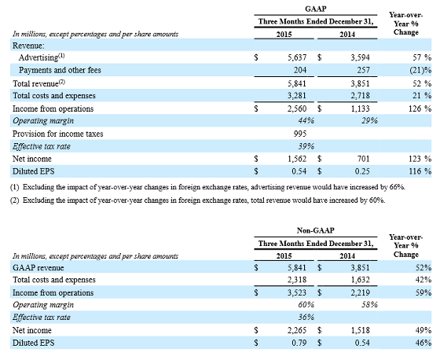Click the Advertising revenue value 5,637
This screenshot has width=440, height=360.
coord(297,57)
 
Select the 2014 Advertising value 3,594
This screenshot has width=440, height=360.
coord(360,57)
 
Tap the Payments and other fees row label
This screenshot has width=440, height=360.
coord(60,70)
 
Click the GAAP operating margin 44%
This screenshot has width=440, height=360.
coord(306,121)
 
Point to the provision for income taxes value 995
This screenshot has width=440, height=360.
coord(300,134)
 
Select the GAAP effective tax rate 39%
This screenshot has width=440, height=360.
coord(306,146)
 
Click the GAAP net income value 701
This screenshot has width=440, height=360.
coord(363,159)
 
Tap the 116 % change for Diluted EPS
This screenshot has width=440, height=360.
coord(420,171)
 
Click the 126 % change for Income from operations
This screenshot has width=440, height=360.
coord(420,108)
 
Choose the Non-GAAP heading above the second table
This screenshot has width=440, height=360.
coord(316,230)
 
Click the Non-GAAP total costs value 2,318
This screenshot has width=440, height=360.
coord(297,280)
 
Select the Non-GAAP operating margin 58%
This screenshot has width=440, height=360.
coord(369,305)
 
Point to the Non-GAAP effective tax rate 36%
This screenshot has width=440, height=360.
coord(306,318)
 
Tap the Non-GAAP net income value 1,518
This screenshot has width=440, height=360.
coord(360,330)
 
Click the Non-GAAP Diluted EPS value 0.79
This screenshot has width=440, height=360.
coord(299,343)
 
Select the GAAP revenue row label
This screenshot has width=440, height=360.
coord(38,267)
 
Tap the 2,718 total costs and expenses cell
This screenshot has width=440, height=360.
coord(360,96)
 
